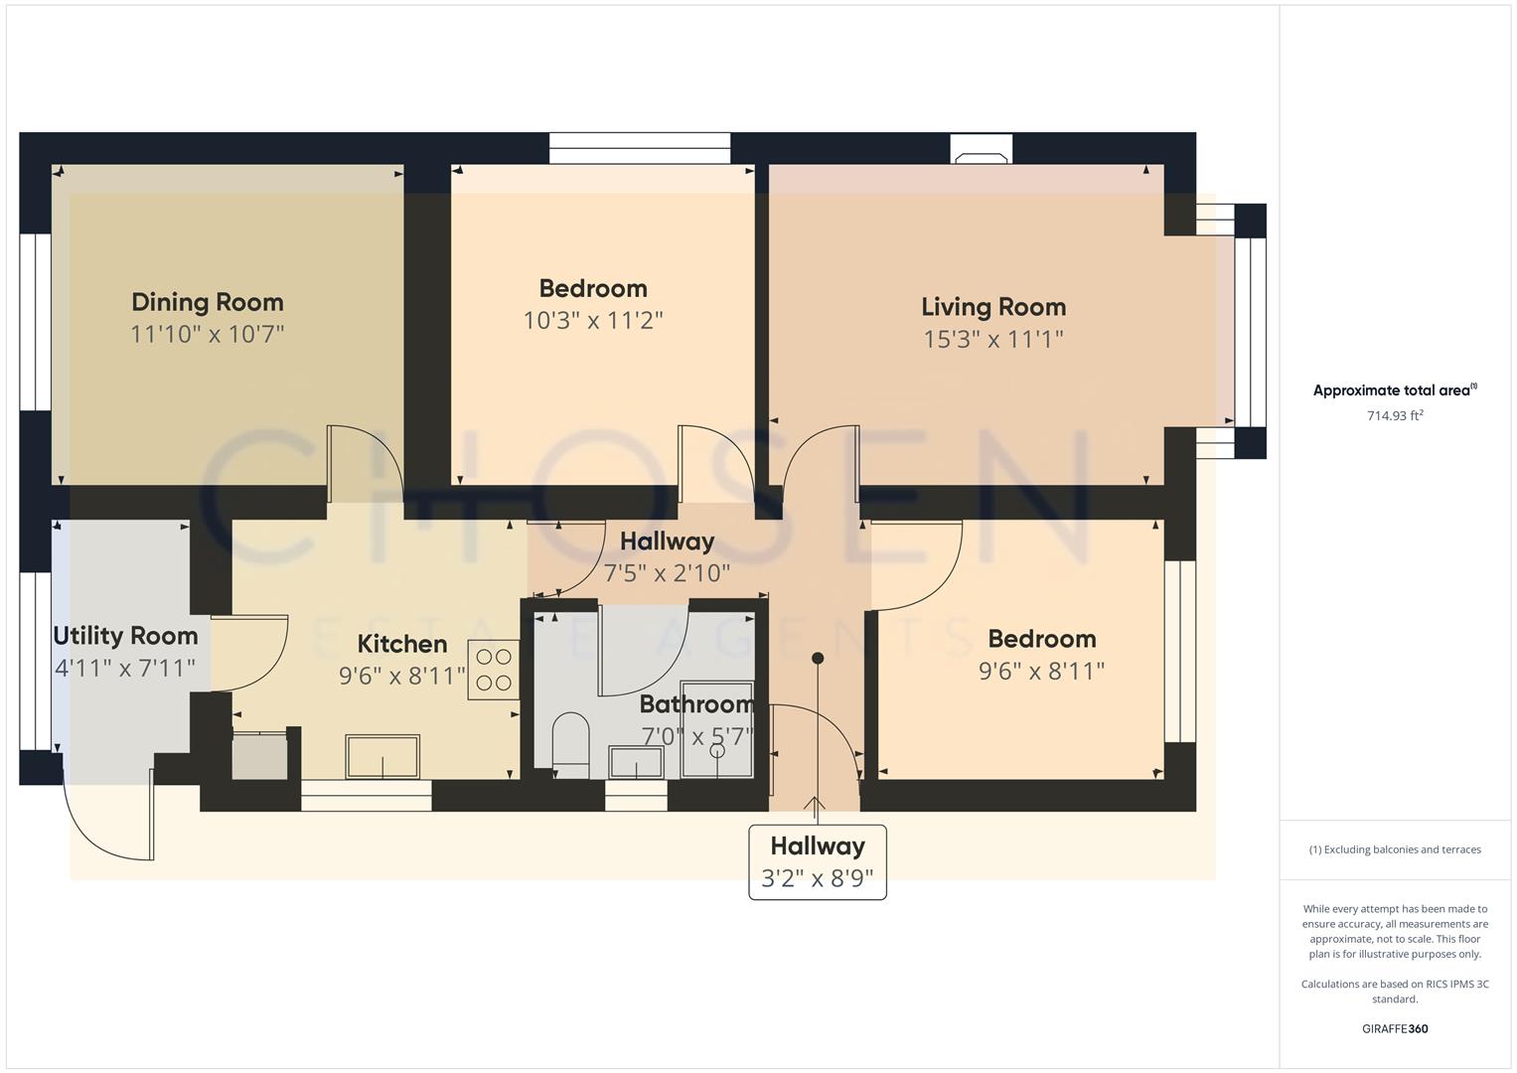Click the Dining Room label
pyautogui.click(x=208, y=302)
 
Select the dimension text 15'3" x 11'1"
pyautogui.click(x=993, y=340)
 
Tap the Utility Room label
pyautogui.click(x=125, y=636)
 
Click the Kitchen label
pyautogui.click(x=402, y=644)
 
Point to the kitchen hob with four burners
pyautogui.click(x=493, y=670)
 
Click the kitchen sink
pyautogui.click(x=382, y=757)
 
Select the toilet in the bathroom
pyautogui.click(x=571, y=743)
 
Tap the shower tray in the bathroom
pyautogui.click(x=716, y=730)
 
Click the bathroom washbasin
pyautogui.click(x=636, y=763)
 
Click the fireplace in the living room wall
pyautogui.click(x=982, y=149)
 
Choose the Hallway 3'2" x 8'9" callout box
pyautogui.click(x=818, y=862)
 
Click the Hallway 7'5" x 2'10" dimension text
pyautogui.click(x=667, y=573)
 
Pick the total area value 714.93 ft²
pyautogui.click(x=1395, y=416)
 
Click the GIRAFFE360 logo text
pyautogui.click(x=1395, y=1028)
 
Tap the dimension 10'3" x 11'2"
pyautogui.click(x=593, y=321)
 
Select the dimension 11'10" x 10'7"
pyautogui.click(x=208, y=334)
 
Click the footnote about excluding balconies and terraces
pyautogui.click(x=1395, y=849)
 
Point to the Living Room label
pyautogui.click(x=993, y=307)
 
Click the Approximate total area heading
pyautogui.click(x=1394, y=390)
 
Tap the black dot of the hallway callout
pyautogui.click(x=818, y=658)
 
